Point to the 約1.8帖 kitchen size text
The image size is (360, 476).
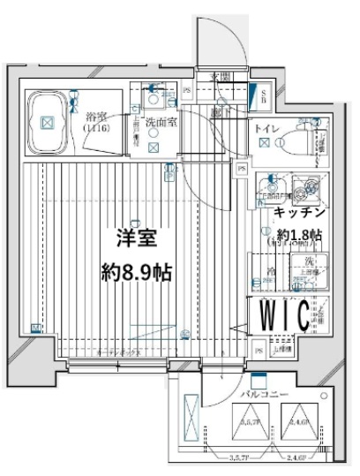(297, 236)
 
